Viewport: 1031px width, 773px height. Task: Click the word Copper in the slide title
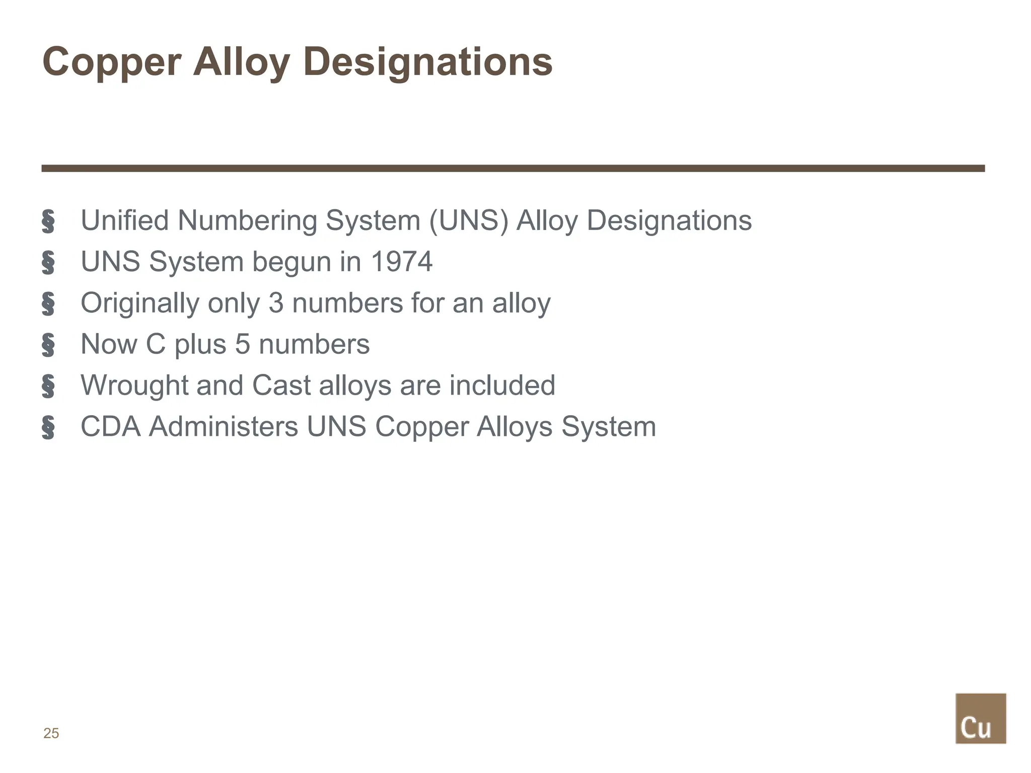pos(111,62)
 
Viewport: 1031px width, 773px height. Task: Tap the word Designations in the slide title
pos(427,62)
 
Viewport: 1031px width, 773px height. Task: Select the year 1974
pos(401,262)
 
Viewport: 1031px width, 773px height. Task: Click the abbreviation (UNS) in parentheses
pos(468,220)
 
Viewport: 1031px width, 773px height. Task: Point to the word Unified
pos(124,220)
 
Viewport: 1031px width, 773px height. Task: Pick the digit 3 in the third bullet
pos(276,303)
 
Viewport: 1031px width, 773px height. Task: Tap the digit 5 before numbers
pos(242,344)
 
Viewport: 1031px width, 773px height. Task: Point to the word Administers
pos(224,427)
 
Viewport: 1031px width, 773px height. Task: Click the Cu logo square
pos(980,718)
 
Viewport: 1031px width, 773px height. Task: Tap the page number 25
pos(51,733)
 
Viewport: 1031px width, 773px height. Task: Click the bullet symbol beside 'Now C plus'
pos(48,345)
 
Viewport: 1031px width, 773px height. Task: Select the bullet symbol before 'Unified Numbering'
pos(48,221)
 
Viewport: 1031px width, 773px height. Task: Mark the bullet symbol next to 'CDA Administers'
pos(48,428)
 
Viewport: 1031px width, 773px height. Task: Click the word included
pos(502,385)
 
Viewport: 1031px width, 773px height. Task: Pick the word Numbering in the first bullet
pos(247,220)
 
